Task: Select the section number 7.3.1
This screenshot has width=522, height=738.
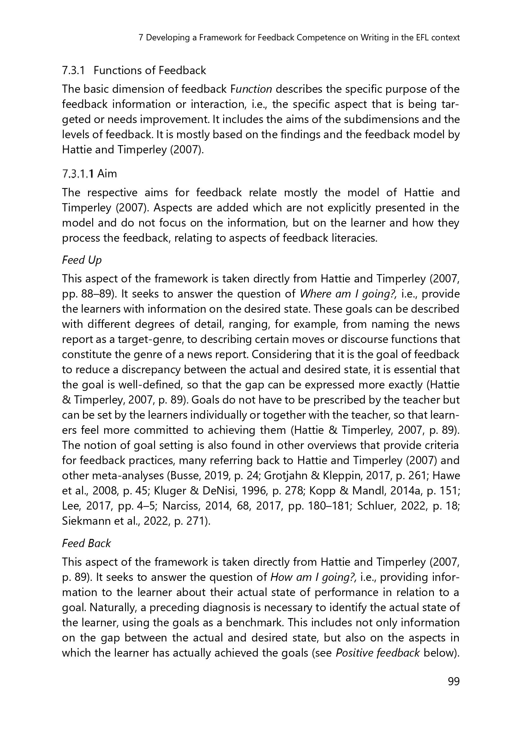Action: [73, 70]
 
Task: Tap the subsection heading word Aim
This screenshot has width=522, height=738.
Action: [107, 174]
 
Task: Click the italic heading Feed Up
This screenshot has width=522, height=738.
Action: [82, 260]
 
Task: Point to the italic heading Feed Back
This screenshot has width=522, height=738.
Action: [86, 543]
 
